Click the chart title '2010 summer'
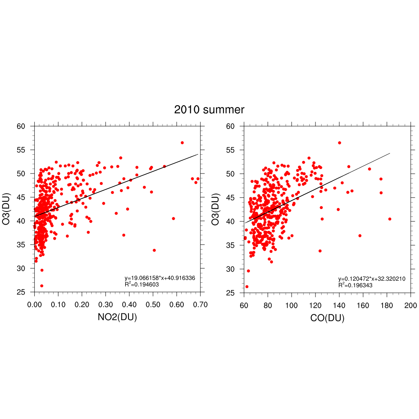click(209, 110)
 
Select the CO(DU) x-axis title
click(327, 318)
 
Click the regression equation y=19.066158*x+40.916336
click(160, 278)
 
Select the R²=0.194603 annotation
click(142, 284)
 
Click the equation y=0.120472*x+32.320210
click(372, 279)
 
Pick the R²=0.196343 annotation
click(355, 285)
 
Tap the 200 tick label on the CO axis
click(410, 306)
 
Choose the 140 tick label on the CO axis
click(339, 306)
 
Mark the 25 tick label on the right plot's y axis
click(231, 293)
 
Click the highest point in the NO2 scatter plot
click(182, 143)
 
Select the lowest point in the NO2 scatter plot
click(42, 286)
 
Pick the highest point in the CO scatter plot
click(339, 143)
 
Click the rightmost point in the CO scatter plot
click(390, 219)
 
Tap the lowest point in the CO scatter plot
click(247, 286)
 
